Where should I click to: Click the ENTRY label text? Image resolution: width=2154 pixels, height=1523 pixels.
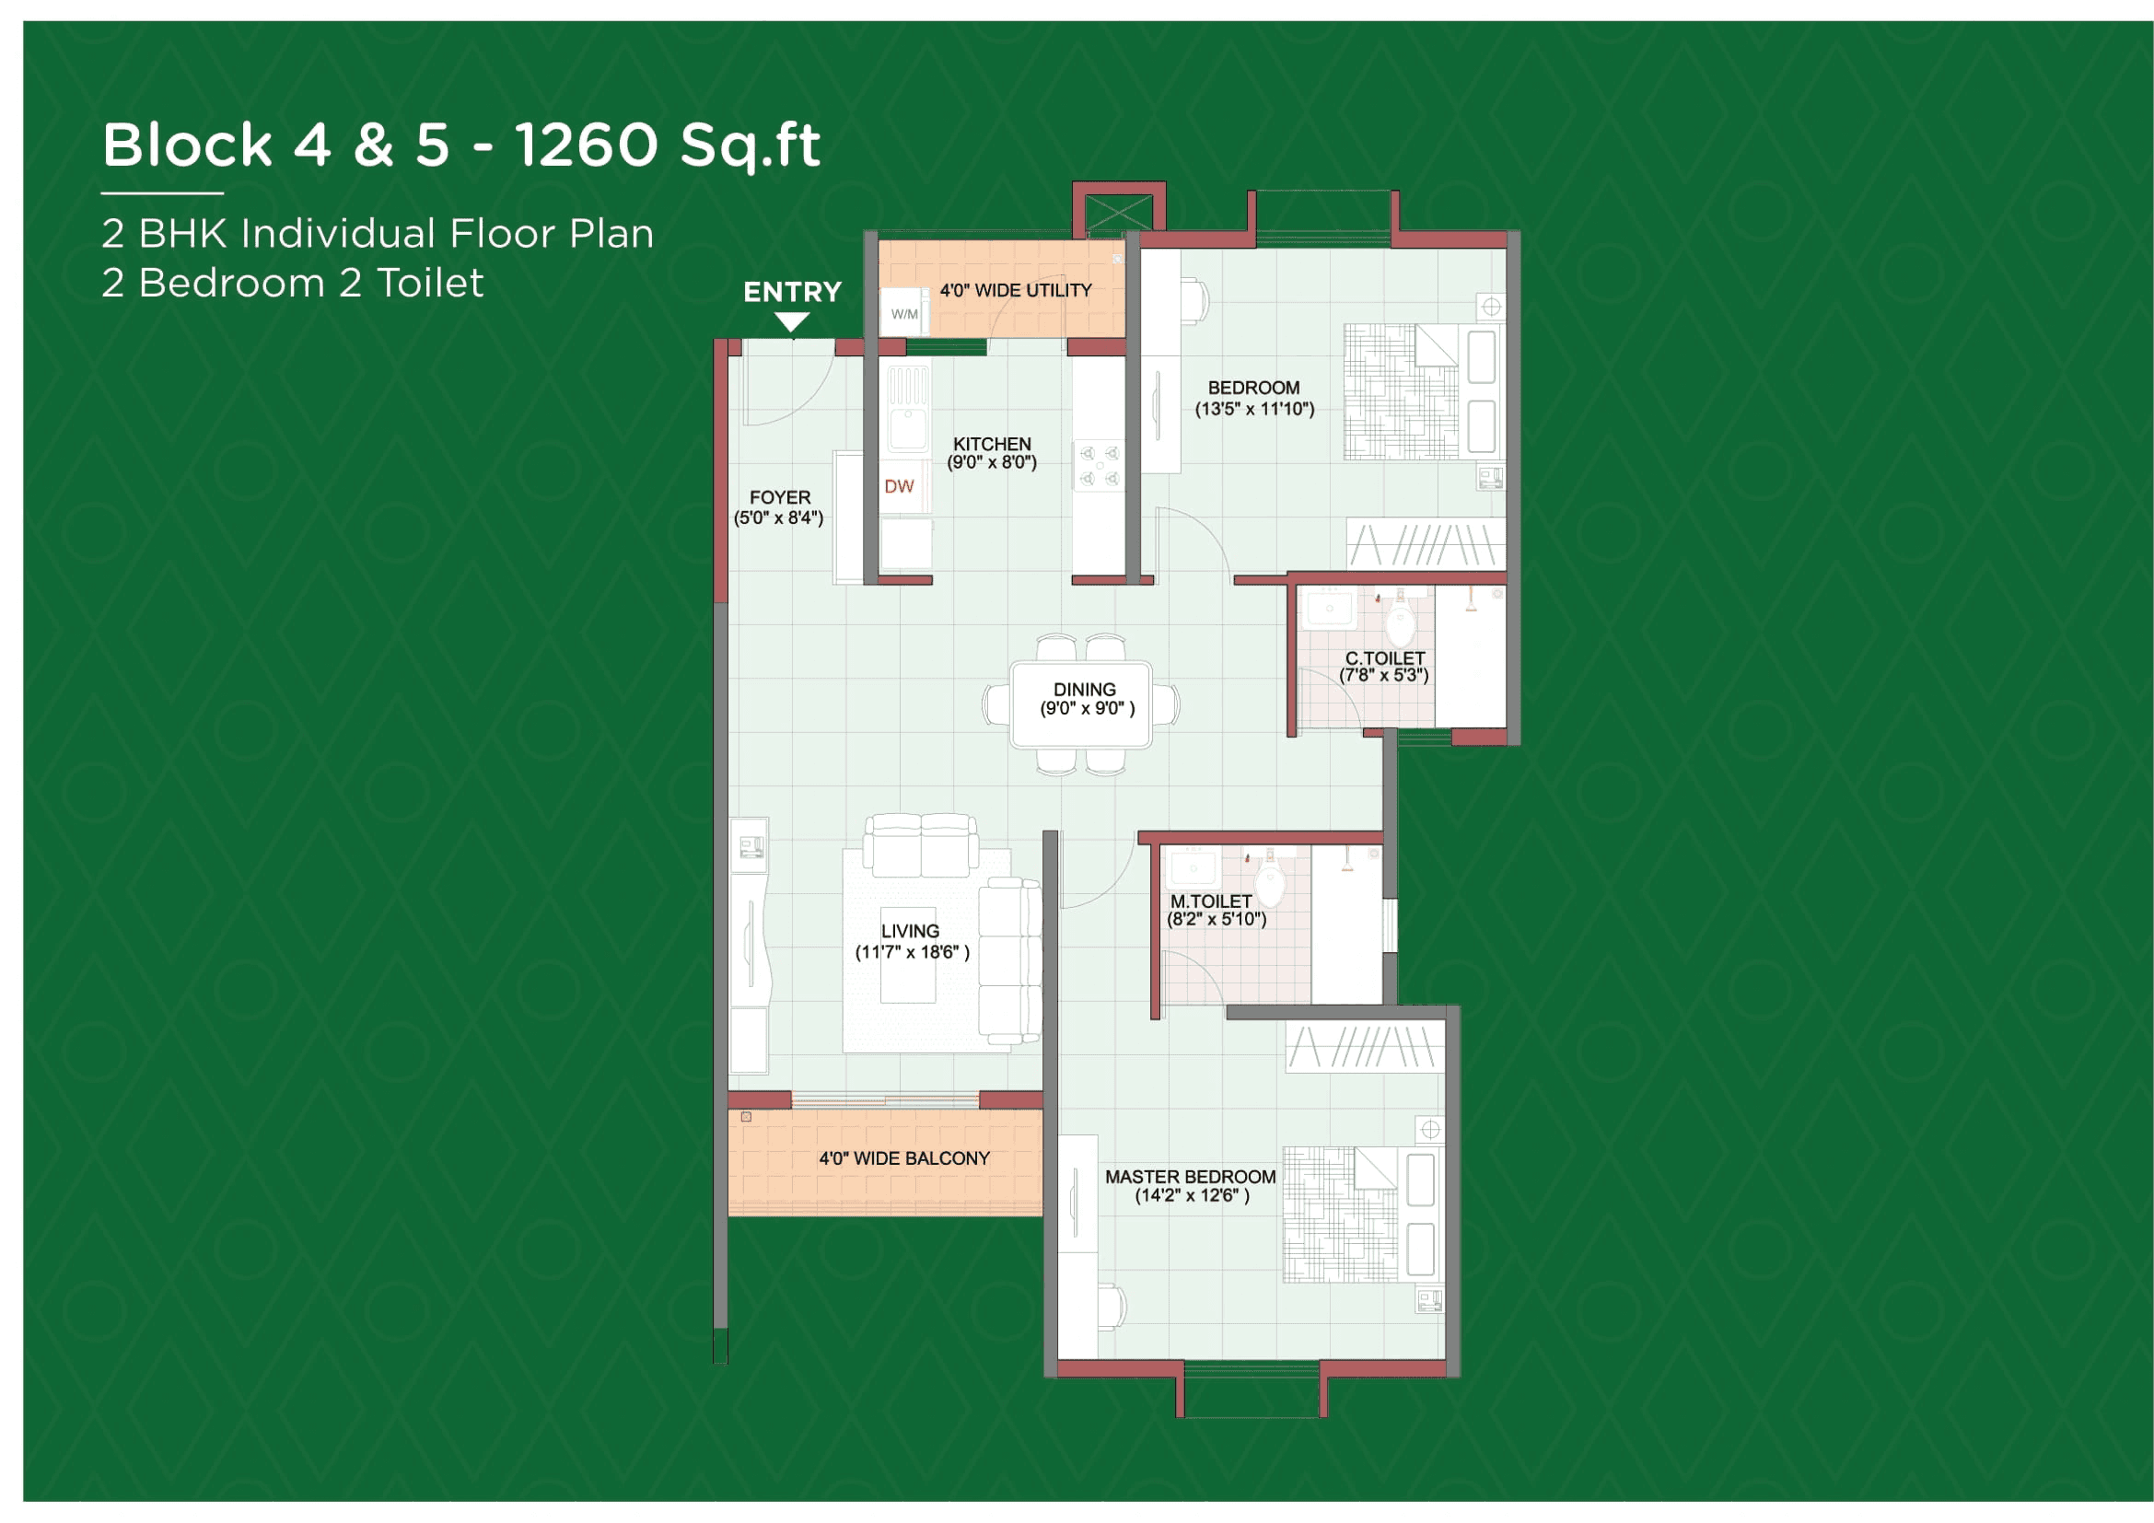792,292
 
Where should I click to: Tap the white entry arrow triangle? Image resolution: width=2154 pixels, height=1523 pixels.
792,321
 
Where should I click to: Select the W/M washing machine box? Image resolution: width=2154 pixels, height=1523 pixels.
904,314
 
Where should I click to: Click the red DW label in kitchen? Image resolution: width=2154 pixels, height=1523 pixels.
899,486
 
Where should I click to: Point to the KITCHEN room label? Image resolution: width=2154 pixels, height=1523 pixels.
992,444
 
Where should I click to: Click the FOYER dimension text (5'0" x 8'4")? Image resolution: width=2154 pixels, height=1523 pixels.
779,517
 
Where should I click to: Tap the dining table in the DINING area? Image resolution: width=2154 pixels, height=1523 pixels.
1081,704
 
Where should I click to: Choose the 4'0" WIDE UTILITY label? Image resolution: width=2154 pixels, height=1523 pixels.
1016,291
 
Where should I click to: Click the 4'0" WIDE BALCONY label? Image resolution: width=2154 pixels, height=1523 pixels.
904,1158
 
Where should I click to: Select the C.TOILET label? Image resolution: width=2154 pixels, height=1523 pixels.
1385,658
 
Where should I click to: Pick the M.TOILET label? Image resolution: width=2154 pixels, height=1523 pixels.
1210,901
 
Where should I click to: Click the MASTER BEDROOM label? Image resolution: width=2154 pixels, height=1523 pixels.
1190,1177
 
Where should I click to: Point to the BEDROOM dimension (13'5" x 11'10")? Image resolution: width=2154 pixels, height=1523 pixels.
1254,409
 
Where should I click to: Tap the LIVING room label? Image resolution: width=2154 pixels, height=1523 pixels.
910,931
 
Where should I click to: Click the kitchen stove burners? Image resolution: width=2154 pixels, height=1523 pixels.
1100,466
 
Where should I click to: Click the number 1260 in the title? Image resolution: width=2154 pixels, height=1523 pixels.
587,145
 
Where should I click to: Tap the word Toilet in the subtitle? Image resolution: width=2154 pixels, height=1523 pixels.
430,284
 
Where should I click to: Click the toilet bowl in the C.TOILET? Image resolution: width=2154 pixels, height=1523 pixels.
1400,622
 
